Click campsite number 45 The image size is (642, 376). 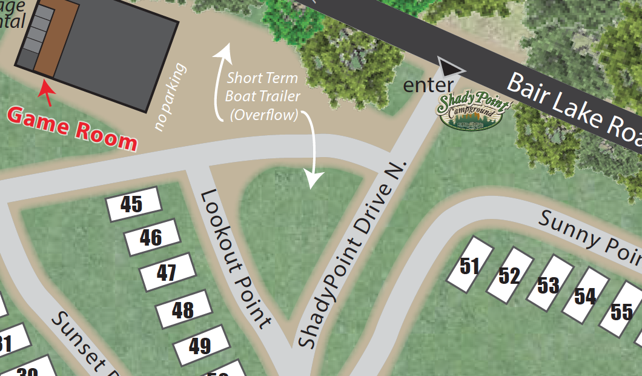click(133, 204)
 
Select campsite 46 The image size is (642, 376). click(151, 237)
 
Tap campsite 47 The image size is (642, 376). click(168, 272)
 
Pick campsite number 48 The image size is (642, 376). click(184, 310)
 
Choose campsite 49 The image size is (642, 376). click(200, 346)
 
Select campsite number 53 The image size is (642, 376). click(548, 284)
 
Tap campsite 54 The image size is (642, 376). click(585, 296)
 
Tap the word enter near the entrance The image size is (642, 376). click(428, 85)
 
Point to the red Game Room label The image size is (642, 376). click(73, 128)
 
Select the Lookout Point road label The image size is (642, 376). click(235, 258)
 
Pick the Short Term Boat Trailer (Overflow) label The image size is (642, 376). click(262, 96)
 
